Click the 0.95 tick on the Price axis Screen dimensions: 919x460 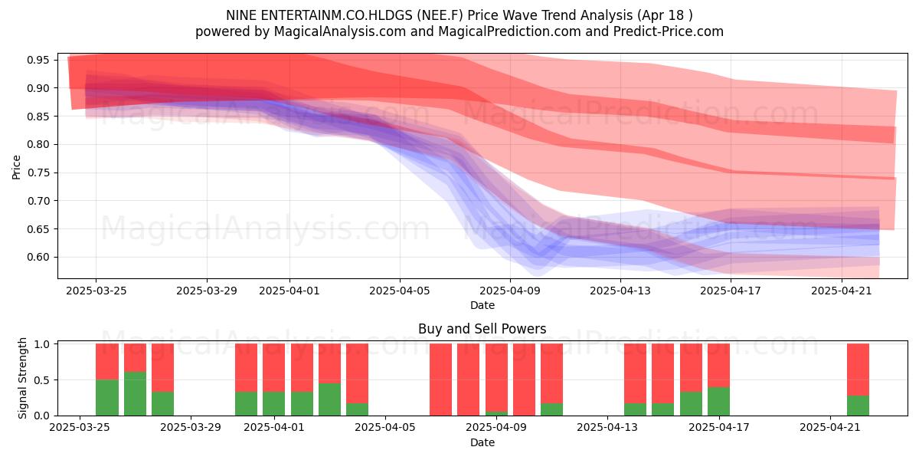[x=38, y=61]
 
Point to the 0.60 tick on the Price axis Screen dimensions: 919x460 [x=38, y=257]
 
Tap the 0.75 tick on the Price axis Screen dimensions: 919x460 [x=38, y=172]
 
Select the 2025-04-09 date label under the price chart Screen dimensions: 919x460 [x=510, y=291]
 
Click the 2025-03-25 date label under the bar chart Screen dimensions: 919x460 [x=80, y=428]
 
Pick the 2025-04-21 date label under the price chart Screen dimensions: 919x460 [x=842, y=291]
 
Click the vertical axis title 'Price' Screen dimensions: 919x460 [x=16, y=167]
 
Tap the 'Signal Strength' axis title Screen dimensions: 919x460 [x=22, y=378]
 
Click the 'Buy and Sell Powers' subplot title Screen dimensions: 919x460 [x=482, y=329]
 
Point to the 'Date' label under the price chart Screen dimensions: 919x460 [x=482, y=305]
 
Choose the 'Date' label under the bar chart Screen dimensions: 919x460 [x=482, y=442]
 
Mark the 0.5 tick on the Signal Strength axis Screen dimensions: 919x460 [x=41, y=380]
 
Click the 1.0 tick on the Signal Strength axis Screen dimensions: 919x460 [x=41, y=344]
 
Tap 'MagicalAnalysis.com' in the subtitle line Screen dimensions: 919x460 [x=340, y=31]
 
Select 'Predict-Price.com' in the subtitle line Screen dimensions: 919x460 [x=669, y=31]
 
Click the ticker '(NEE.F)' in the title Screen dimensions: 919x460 [x=440, y=15]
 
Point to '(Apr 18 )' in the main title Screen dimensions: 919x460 [x=665, y=15]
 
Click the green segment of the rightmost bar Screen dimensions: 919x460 [x=858, y=406]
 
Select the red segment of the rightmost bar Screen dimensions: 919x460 [x=858, y=370]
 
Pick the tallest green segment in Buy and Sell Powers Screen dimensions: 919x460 [x=135, y=393]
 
